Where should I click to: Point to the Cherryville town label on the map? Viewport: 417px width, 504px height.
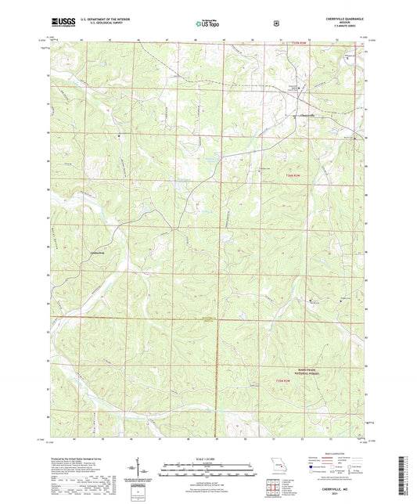click(x=307, y=117)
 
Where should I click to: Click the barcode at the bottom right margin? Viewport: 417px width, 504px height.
click(x=408, y=473)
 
